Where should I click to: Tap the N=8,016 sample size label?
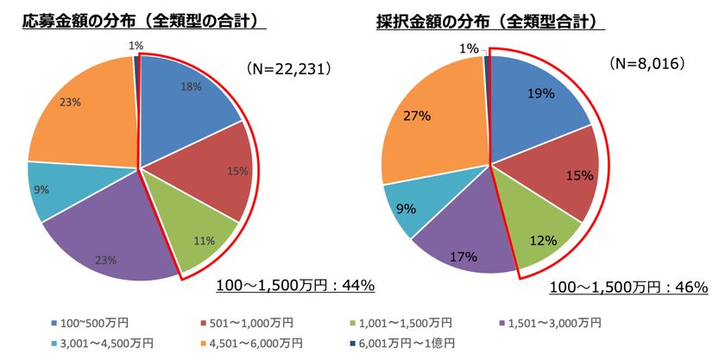tap(646, 65)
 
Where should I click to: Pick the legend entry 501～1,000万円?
tap(246, 323)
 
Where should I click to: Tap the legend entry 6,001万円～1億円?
tap(406, 344)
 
